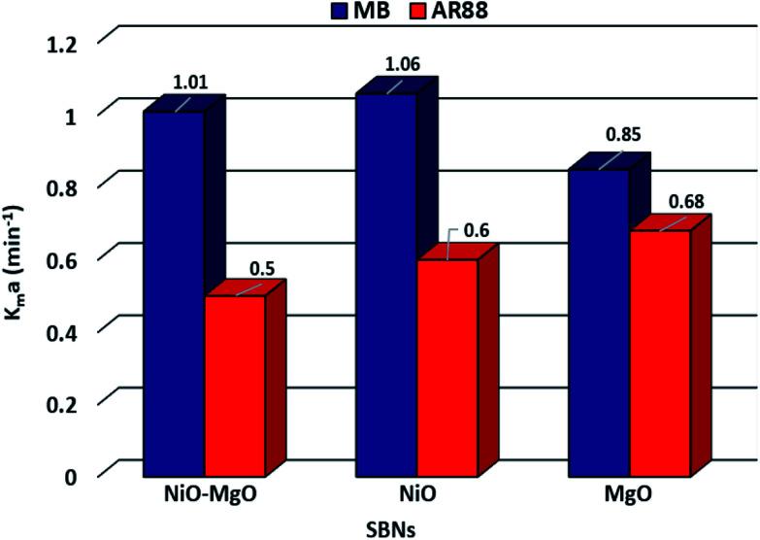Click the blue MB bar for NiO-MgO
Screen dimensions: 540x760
tap(174, 291)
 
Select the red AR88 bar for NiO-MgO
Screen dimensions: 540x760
tap(234, 385)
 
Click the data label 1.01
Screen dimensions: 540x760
tap(191, 82)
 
